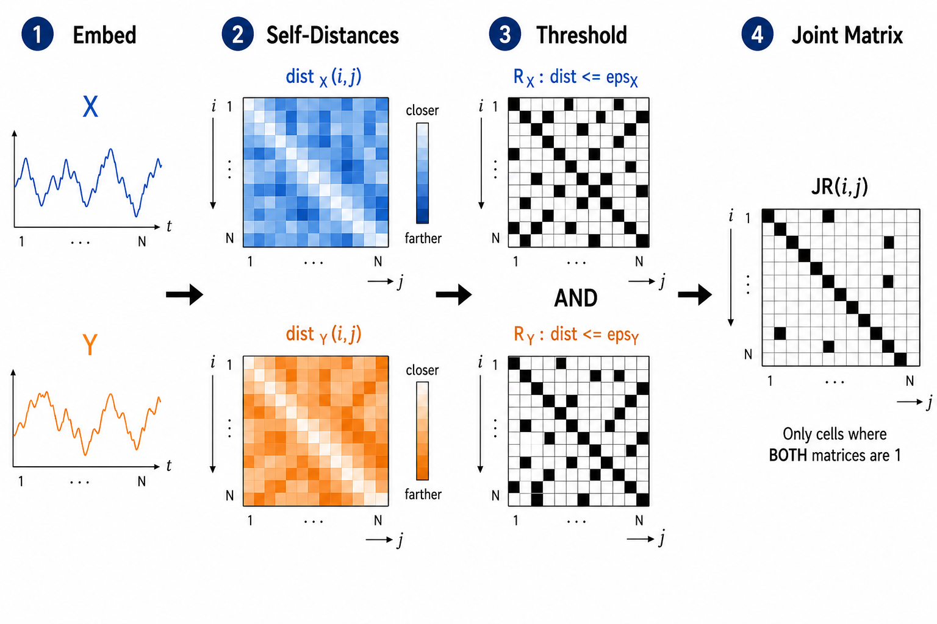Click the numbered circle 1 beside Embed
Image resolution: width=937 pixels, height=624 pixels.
pyautogui.click(x=37, y=34)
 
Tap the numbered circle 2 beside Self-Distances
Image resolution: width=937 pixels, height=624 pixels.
pyautogui.click(x=237, y=34)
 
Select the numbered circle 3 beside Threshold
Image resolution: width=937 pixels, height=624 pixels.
pyautogui.click(x=505, y=34)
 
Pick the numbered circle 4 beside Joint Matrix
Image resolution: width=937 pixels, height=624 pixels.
pyautogui.click(x=758, y=34)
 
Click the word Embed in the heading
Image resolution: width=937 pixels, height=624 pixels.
pyautogui.click(x=104, y=35)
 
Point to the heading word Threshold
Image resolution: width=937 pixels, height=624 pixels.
pyautogui.click(x=582, y=35)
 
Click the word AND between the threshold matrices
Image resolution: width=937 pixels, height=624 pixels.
pyautogui.click(x=576, y=298)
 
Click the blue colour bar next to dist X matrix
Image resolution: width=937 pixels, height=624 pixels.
pyautogui.click(x=422, y=173)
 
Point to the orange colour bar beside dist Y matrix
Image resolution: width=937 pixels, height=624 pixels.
pyautogui.click(x=422, y=431)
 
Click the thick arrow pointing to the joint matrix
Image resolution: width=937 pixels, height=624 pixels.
pyautogui.click(x=695, y=295)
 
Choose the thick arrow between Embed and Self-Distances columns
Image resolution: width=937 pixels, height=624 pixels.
pyautogui.click(x=184, y=295)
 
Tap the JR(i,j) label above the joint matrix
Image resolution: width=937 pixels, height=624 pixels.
pyautogui.click(x=839, y=187)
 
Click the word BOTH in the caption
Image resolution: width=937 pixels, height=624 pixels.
pyautogui.click(x=788, y=455)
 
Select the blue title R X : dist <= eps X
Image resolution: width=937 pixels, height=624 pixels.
pyautogui.click(x=576, y=78)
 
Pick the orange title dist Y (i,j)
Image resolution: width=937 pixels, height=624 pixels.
pyautogui.click(x=323, y=335)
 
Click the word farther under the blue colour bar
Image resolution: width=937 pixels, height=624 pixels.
pyautogui.click(x=423, y=238)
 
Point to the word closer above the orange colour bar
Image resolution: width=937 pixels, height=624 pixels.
pyautogui.click(x=422, y=370)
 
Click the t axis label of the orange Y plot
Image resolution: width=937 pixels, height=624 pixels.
pyautogui.click(x=169, y=466)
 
